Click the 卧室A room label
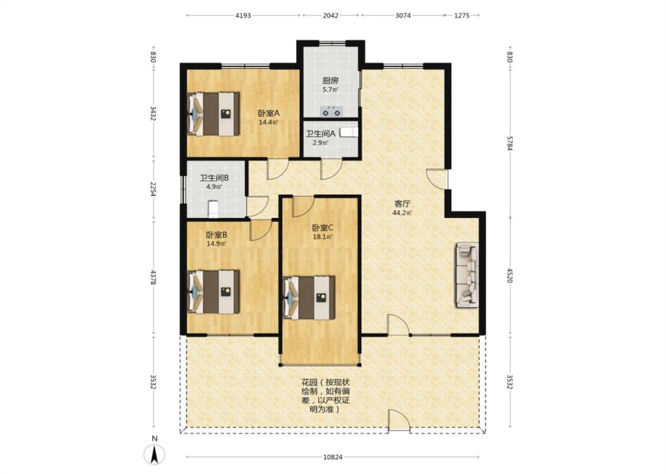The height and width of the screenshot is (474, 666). point(268,114)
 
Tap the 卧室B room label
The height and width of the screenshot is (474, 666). point(216,235)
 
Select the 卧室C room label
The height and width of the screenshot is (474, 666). point(323,228)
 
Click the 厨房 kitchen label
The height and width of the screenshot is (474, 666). point(330,81)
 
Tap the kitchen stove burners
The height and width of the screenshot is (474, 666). point(332,111)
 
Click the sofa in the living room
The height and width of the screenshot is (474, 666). point(467,274)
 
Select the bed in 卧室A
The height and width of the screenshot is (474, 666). point(214,114)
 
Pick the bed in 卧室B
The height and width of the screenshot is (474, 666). point(214,292)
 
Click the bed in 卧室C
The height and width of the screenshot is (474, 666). point(309,297)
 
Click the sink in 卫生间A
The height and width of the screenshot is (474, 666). point(349,133)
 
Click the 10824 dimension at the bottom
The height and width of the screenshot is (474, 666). point(333,457)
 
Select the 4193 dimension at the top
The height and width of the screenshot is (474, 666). point(243,15)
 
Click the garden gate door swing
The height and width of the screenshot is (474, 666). point(399,421)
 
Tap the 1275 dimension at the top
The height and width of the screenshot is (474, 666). point(462,15)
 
